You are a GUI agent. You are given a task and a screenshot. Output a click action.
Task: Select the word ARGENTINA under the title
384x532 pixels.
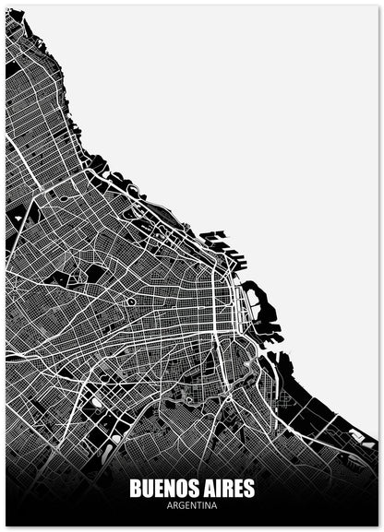tap(192, 506)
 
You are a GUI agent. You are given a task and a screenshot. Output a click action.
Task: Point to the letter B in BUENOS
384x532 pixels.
tap(136, 488)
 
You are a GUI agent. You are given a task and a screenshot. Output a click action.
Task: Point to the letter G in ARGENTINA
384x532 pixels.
tap(181, 506)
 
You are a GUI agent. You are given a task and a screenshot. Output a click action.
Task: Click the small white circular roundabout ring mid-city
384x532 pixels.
tap(131, 301)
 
